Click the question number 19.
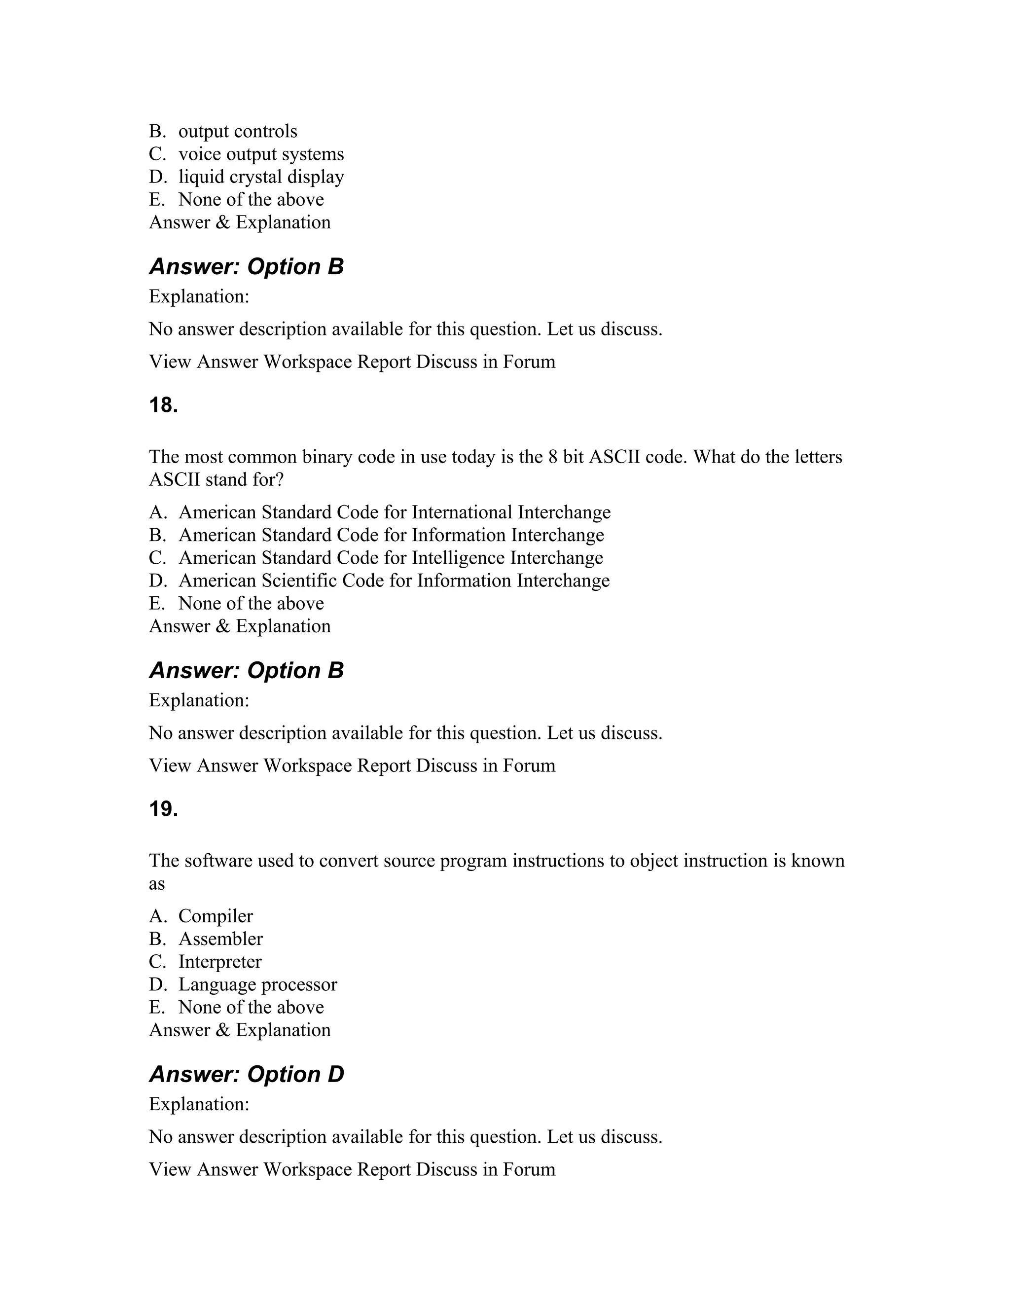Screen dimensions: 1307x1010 (x=163, y=809)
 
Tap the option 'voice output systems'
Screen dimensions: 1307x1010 (x=261, y=154)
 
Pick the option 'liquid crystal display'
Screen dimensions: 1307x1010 (x=261, y=177)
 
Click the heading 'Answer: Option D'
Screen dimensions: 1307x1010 (x=246, y=1074)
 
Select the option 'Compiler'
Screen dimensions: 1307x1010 (x=216, y=915)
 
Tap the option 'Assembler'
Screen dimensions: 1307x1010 (x=220, y=939)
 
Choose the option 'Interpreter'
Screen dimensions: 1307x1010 (x=219, y=961)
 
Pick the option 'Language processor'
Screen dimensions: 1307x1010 (x=257, y=984)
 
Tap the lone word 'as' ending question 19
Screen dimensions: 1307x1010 (x=156, y=883)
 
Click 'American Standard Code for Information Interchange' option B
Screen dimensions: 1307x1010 (x=391, y=535)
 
